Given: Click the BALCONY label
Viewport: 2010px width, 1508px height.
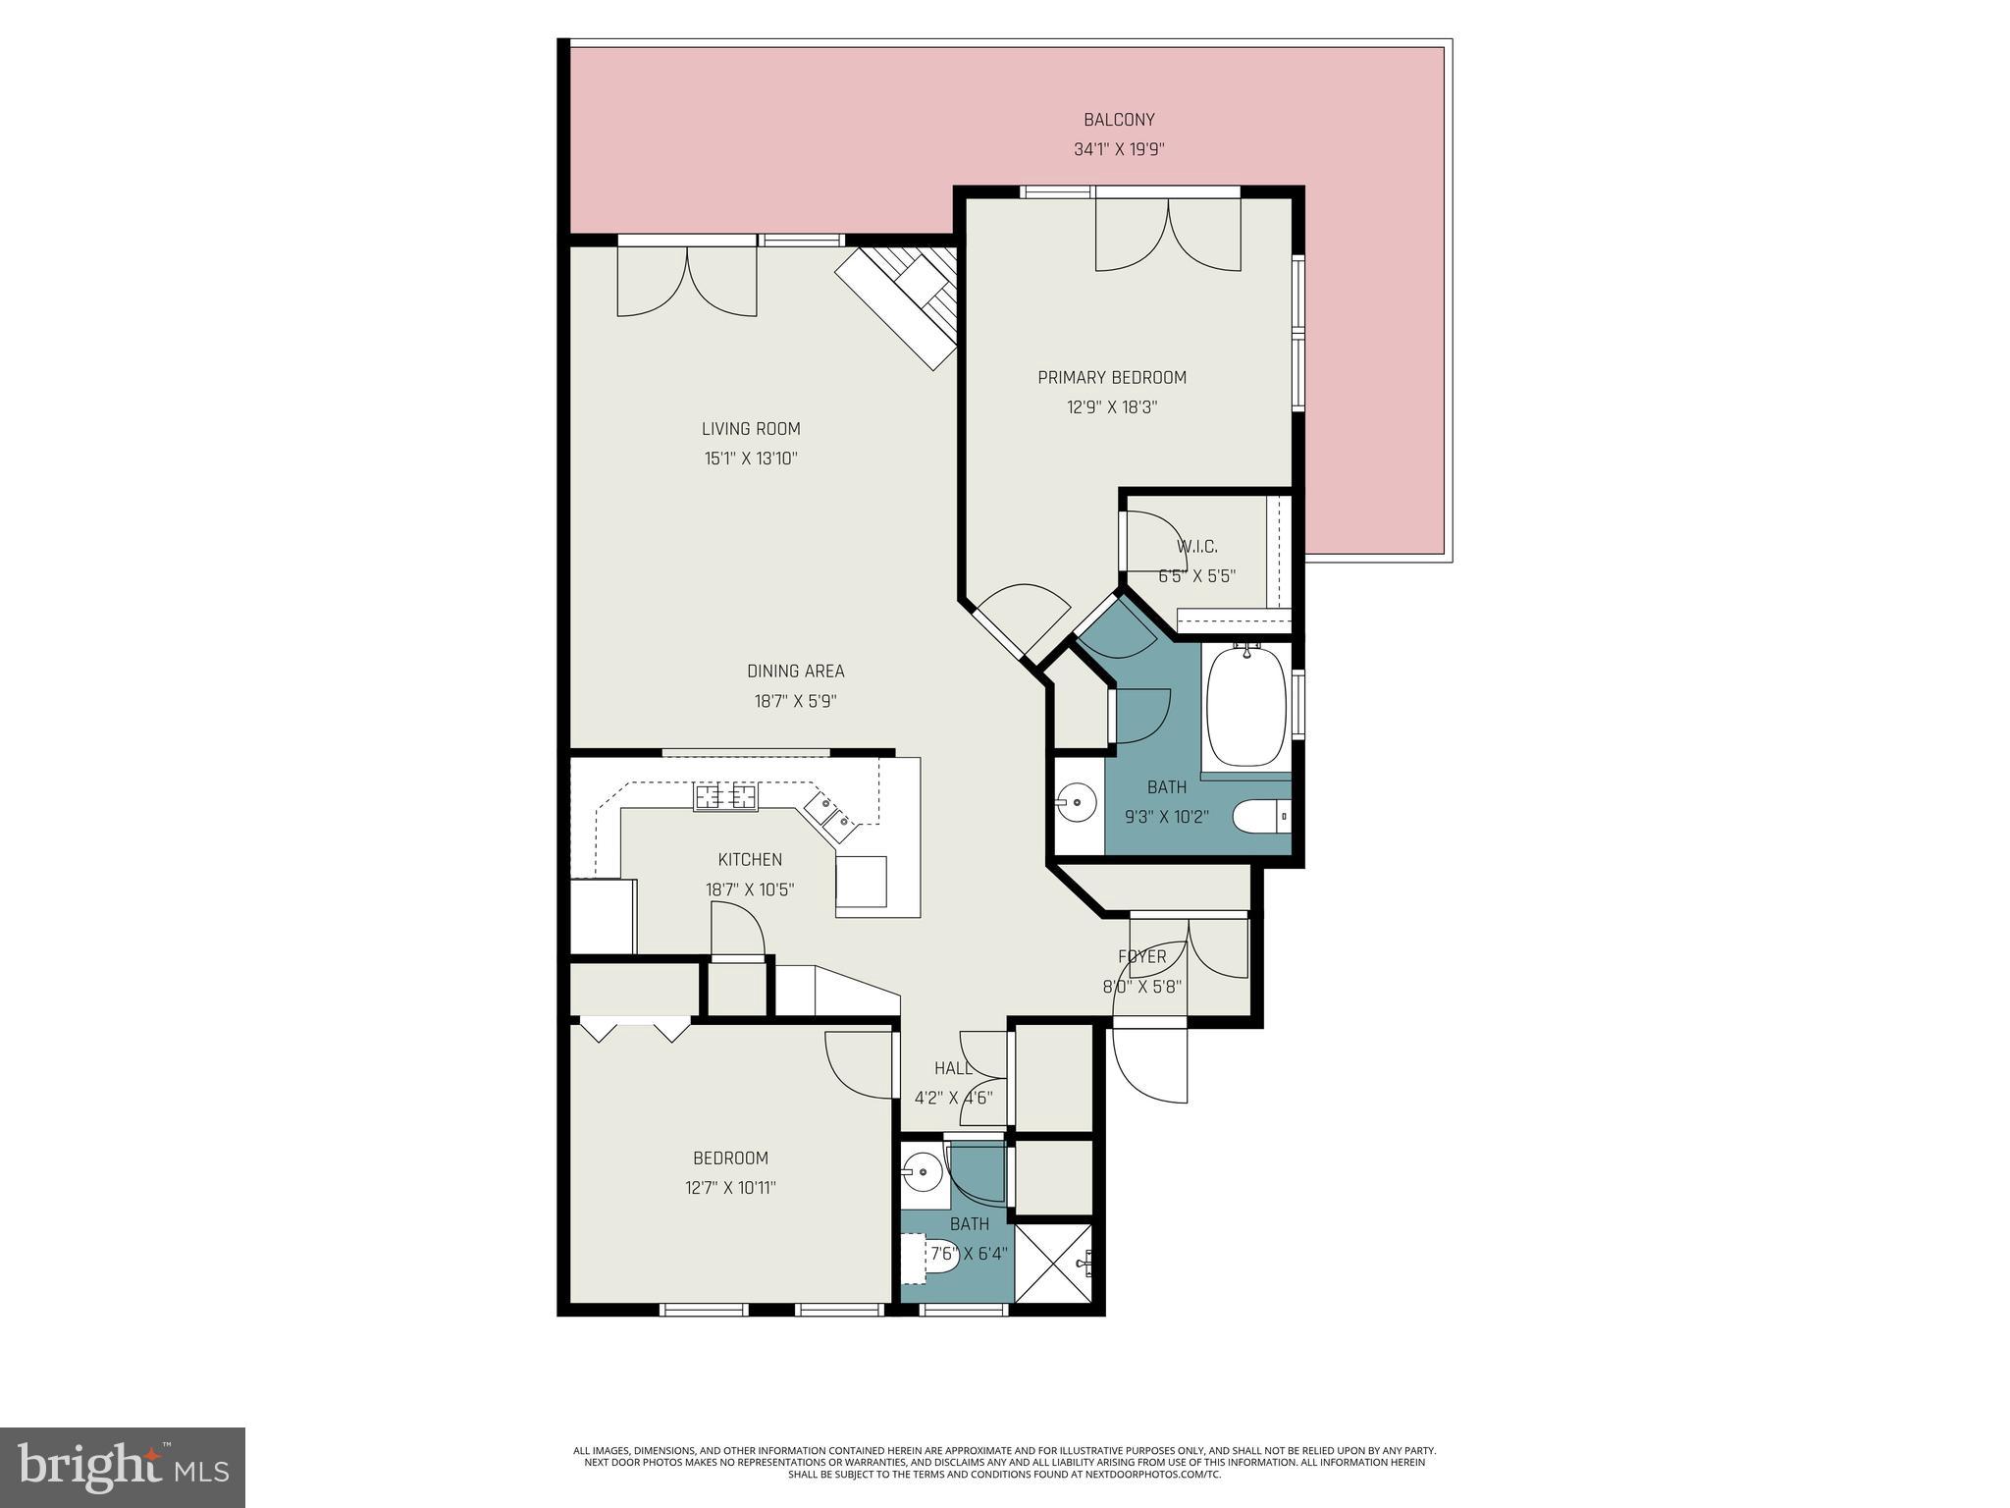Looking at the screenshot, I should click(x=1119, y=120).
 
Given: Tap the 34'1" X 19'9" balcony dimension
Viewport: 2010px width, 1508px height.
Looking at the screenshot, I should click(x=1119, y=150).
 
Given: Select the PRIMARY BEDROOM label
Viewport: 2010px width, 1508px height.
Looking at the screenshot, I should click(x=1112, y=377).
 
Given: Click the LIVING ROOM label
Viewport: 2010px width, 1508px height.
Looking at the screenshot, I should click(x=751, y=428).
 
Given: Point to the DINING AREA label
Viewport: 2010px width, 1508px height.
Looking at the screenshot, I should click(x=795, y=672).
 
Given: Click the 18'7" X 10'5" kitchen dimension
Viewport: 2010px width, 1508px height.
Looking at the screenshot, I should click(x=750, y=889).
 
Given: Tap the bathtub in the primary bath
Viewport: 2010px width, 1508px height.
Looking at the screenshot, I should click(x=1245, y=707).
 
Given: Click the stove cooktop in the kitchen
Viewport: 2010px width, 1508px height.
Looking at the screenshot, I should click(x=726, y=796).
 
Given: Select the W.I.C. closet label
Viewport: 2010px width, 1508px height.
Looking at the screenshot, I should click(x=1196, y=547).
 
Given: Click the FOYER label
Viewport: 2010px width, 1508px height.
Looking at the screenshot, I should click(x=1141, y=956).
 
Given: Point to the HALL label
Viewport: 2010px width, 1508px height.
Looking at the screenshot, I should click(x=953, y=1068).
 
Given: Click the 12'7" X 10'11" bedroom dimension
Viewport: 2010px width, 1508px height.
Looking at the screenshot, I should click(x=730, y=1187).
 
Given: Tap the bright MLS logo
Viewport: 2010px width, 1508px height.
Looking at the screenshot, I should click(x=123, y=1468).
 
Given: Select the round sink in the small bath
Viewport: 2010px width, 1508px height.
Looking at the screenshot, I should click(x=923, y=1171).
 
